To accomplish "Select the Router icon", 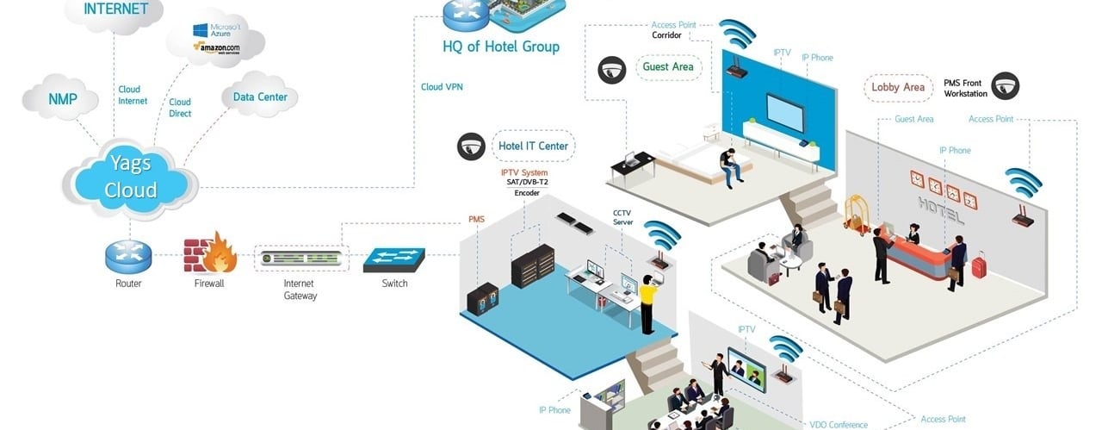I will click(128, 255).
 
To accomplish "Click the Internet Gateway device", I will click(301, 258).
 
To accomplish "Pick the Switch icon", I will click(394, 258).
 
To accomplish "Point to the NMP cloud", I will click(62, 100).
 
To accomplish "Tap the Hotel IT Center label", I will click(534, 146).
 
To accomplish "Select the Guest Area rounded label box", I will click(668, 66).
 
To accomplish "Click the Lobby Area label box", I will click(898, 87).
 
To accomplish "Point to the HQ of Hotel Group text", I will click(501, 46).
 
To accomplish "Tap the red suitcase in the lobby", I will click(979, 265).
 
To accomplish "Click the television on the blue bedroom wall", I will click(785, 111).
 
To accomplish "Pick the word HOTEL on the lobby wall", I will click(940, 209).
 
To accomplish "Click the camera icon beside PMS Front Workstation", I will click(1005, 85).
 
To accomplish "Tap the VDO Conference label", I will click(839, 424).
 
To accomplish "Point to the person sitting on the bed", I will click(730, 166).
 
